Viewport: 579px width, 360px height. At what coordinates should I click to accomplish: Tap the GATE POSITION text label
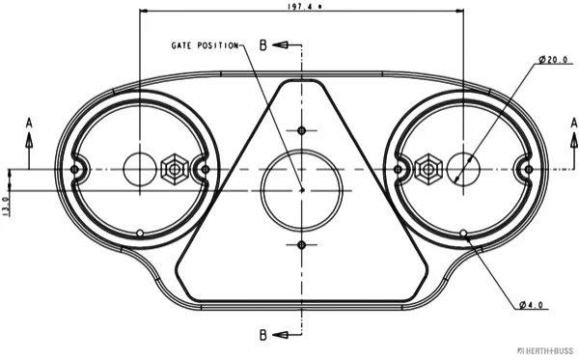click(205, 45)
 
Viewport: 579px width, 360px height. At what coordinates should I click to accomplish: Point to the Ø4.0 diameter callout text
click(531, 305)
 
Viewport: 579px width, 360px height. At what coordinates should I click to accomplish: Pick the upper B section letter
click(262, 45)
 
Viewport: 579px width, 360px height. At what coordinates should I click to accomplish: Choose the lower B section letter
click(262, 335)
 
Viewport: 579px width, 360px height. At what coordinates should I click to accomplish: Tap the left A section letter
click(29, 123)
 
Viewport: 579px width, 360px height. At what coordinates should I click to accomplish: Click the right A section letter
click(574, 123)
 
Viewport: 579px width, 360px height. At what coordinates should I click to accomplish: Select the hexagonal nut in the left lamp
click(175, 170)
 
